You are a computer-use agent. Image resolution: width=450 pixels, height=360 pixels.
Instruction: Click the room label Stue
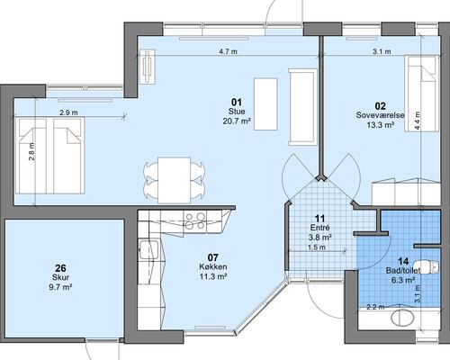tap(237, 112)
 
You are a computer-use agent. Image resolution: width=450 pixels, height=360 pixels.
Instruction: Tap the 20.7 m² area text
tap(237, 121)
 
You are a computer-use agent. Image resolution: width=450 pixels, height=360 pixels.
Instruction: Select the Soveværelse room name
tap(380, 115)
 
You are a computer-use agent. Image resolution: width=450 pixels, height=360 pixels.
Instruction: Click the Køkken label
tap(213, 266)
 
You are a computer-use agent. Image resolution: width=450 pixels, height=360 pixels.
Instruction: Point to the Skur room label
tap(60, 277)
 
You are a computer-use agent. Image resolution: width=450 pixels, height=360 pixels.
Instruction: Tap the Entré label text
tap(320, 228)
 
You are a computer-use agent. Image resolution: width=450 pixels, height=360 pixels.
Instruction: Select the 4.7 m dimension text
tap(228, 51)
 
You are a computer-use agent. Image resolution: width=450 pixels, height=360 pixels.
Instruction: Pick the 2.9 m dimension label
tap(68, 112)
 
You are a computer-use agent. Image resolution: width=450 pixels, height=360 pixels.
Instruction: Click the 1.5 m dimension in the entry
tap(317, 247)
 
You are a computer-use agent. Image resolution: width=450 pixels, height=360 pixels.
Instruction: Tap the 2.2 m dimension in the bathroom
tap(375, 307)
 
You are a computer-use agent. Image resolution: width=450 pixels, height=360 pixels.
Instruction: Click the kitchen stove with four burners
tap(195, 221)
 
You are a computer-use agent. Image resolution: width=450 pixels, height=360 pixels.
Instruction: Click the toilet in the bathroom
tap(430, 266)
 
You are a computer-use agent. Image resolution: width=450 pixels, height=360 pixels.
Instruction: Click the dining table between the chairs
tap(175, 180)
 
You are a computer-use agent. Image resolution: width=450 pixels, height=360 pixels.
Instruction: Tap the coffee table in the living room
tap(265, 103)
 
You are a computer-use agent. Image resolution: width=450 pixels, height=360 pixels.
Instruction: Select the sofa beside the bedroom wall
tap(302, 107)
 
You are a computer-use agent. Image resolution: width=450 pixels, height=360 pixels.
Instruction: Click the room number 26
tap(60, 268)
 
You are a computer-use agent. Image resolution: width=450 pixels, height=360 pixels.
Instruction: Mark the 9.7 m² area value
tap(60, 287)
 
